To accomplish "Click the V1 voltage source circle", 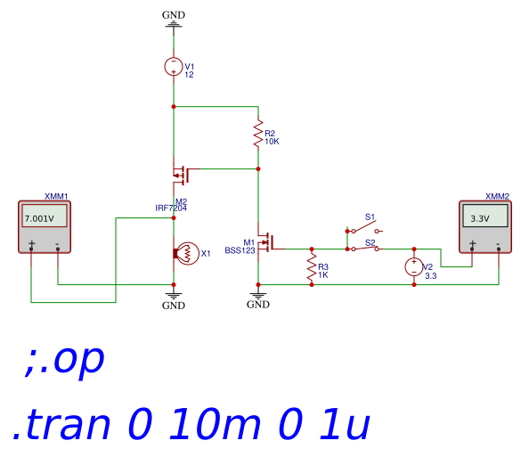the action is point(174,67).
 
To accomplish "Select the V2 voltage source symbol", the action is point(414,267).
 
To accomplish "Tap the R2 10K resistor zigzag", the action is point(258,134).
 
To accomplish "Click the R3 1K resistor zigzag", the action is point(312,267).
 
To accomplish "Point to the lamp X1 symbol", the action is point(186,253).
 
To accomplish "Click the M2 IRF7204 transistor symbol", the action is point(182,174).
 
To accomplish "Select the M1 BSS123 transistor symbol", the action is point(267,241).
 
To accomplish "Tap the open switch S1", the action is point(365,229).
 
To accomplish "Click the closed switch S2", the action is point(365,248).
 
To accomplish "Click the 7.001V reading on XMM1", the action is point(39,218).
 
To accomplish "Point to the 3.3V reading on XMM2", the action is point(480,218).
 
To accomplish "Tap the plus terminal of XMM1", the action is point(31,246).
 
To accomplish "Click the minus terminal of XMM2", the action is point(499,247).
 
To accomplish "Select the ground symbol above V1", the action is point(174,24).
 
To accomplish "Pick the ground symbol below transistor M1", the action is point(258,296).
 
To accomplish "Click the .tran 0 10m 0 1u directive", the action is point(191,424).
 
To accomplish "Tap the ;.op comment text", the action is point(64,361).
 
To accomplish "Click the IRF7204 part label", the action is point(171,208).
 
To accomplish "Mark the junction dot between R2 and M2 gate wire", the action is point(258,169).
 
